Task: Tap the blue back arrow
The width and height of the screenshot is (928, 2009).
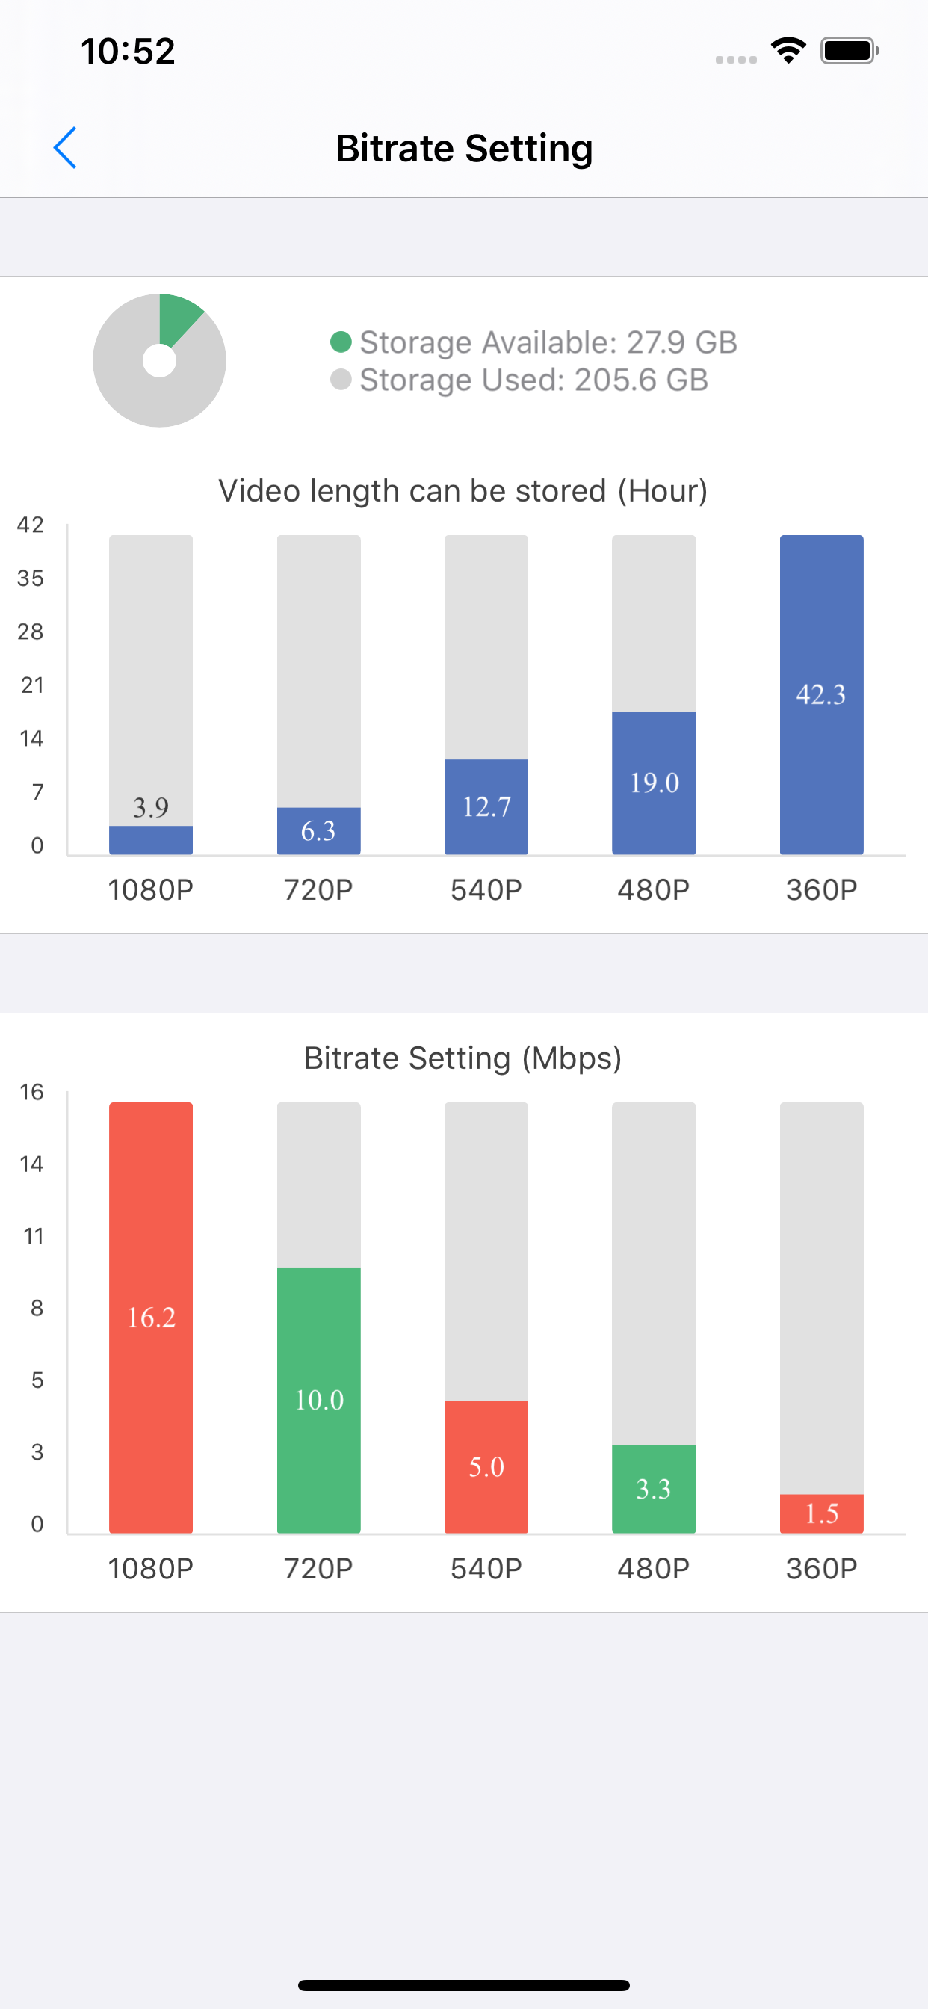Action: click(x=65, y=147)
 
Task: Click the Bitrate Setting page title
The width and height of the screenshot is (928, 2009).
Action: click(x=464, y=148)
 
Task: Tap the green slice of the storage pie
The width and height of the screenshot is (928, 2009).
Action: click(x=178, y=318)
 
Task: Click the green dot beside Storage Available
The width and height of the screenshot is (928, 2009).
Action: click(x=341, y=342)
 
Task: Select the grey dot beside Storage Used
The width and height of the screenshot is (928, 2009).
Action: click(x=341, y=380)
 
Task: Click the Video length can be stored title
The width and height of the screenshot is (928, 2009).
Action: click(x=463, y=491)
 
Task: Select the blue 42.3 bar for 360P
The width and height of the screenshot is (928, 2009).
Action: click(x=821, y=694)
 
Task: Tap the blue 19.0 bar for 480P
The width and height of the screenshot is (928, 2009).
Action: click(x=654, y=783)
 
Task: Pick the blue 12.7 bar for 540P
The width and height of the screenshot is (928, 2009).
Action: click(x=486, y=806)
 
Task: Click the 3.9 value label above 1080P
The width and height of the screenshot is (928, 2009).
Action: click(x=150, y=807)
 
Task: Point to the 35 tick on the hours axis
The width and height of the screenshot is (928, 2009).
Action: click(x=31, y=578)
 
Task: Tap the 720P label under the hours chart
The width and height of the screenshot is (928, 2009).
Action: click(x=318, y=890)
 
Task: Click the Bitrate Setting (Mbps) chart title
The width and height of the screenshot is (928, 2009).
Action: click(x=463, y=1058)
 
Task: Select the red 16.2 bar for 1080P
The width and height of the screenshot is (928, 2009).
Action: click(x=150, y=1317)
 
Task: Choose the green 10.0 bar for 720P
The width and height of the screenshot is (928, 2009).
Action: click(x=318, y=1400)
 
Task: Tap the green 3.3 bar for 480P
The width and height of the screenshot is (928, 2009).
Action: click(x=654, y=1489)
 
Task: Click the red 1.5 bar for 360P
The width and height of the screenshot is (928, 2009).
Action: click(x=821, y=1513)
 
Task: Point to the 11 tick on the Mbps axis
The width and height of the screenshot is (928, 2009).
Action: click(x=34, y=1236)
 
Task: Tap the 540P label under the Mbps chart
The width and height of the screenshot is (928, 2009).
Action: click(x=486, y=1568)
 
